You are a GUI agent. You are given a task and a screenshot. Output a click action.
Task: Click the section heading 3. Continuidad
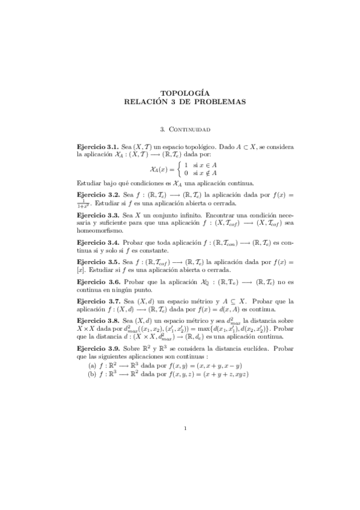[x=186, y=128]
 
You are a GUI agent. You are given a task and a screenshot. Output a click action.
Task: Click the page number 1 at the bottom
[x=186, y=428]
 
